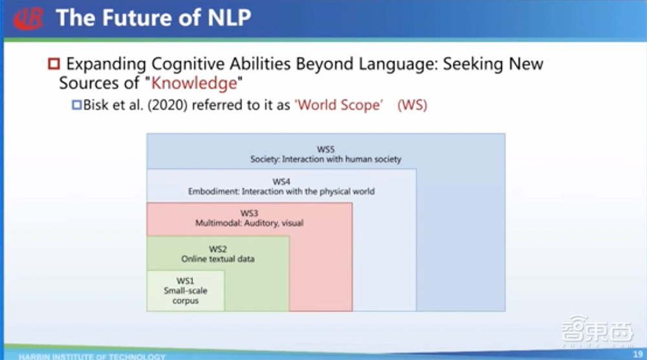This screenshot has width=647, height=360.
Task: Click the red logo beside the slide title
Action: click(28, 17)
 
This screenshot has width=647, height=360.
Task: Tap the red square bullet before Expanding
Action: click(53, 64)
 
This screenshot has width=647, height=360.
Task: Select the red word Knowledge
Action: click(201, 84)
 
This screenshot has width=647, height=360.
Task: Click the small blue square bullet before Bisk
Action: click(77, 104)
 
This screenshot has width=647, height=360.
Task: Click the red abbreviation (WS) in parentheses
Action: click(412, 104)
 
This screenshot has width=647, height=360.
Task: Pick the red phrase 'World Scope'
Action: click(339, 104)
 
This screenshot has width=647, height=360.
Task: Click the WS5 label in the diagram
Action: click(325, 150)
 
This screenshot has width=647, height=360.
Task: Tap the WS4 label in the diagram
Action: click(281, 182)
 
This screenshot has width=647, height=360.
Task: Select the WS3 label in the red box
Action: click(249, 213)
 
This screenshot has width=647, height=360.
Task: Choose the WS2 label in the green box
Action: click(217, 249)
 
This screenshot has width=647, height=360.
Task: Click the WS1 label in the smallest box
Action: click(185, 280)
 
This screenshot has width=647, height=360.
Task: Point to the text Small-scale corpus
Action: click(185, 296)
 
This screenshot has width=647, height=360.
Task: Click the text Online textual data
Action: click(217, 259)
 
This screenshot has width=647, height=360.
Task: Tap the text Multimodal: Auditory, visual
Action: click(249, 223)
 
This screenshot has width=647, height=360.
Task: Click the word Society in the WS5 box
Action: click(264, 159)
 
